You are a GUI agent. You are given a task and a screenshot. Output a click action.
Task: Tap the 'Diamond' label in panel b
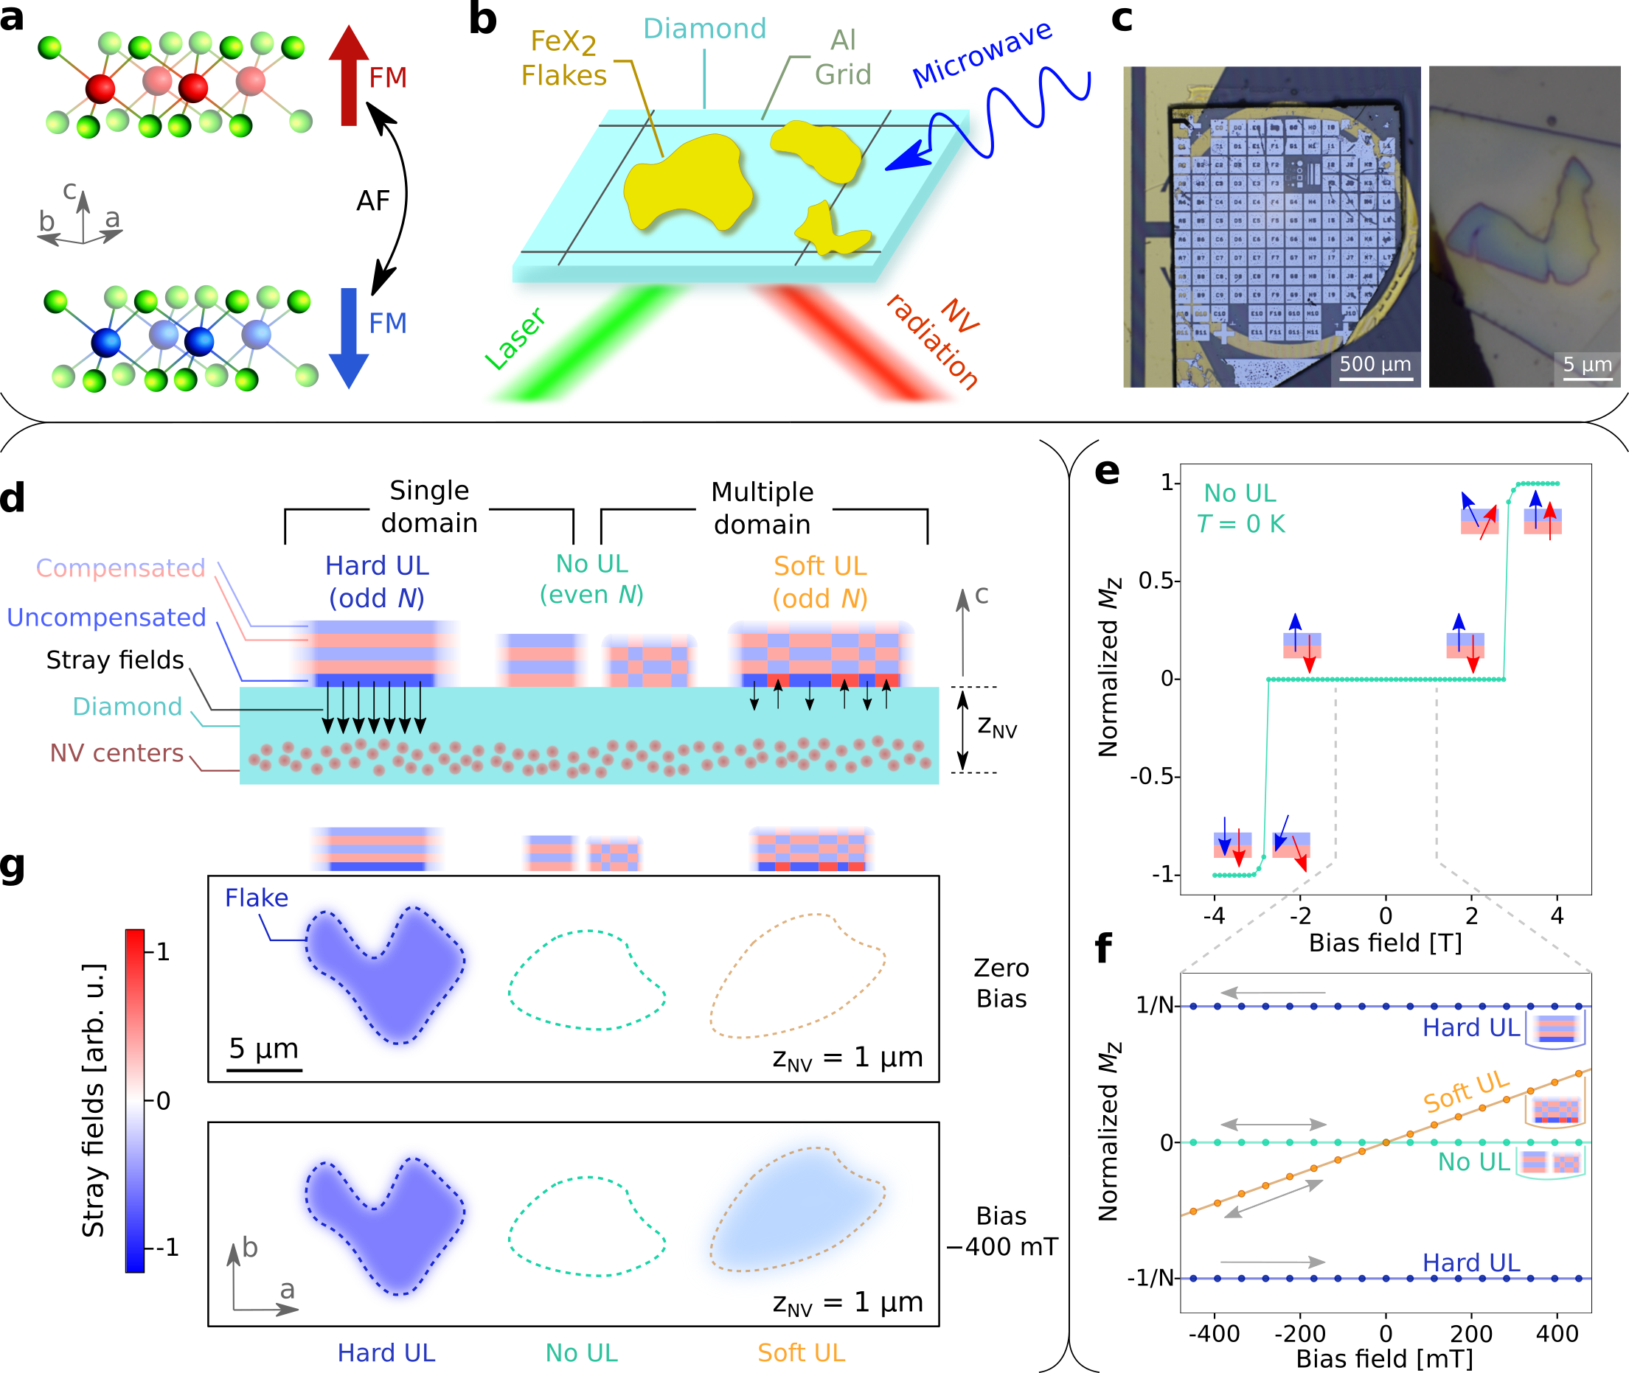tap(704, 29)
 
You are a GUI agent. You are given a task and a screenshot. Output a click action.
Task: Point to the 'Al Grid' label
tap(843, 57)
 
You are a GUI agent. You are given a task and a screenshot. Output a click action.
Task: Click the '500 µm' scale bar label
tap(1375, 364)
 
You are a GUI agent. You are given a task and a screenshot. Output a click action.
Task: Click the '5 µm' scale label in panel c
tap(1587, 364)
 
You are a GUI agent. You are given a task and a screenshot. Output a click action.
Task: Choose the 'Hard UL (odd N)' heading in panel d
tap(377, 581)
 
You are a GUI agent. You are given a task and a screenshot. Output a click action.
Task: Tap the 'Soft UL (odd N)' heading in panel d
tap(820, 581)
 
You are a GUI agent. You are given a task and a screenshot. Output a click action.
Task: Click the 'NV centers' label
tap(117, 752)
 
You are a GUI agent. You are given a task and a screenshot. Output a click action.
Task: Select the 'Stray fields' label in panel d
tap(115, 660)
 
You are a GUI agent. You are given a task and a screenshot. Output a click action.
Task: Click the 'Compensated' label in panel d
tap(121, 568)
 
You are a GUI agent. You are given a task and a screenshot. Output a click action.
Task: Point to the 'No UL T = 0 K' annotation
tap(1240, 509)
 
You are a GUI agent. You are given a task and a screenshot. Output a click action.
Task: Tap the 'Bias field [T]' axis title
tap(1385, 943)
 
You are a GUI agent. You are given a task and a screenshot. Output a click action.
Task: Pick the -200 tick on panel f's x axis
tap(1299, 1333)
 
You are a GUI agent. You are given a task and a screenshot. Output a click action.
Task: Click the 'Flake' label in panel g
tap(256, 898)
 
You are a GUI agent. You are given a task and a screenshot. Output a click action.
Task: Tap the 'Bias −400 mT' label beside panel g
tap(1001, 1231)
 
